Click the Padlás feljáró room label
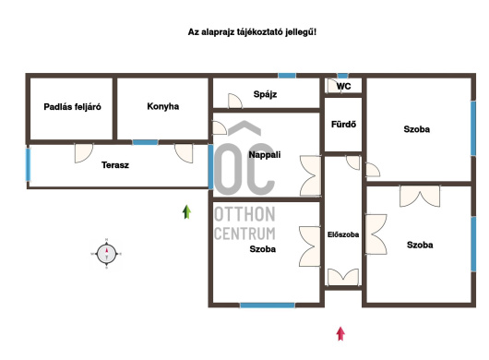tap(72, 107)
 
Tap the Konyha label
tap(163, 106)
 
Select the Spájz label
tap(265, 94)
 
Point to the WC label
tap(343, 87)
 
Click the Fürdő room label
tap(343, 125)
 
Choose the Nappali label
tap(265, 155)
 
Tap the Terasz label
tap(115, 165)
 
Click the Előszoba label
tap(343, 234)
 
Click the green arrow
tap(186, 211)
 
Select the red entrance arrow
tap(340, 334)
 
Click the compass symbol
tap(107, 254)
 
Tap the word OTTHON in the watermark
tap(244, 214)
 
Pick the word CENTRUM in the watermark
tap(244, 234)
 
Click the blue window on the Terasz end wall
tap(28, 164)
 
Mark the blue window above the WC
tap(342, 76)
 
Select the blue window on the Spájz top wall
tap(287, 76)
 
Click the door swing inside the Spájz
tap(235, 101)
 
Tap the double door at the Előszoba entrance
tap(343, 277)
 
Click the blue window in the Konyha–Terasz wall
tap(146, 142)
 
